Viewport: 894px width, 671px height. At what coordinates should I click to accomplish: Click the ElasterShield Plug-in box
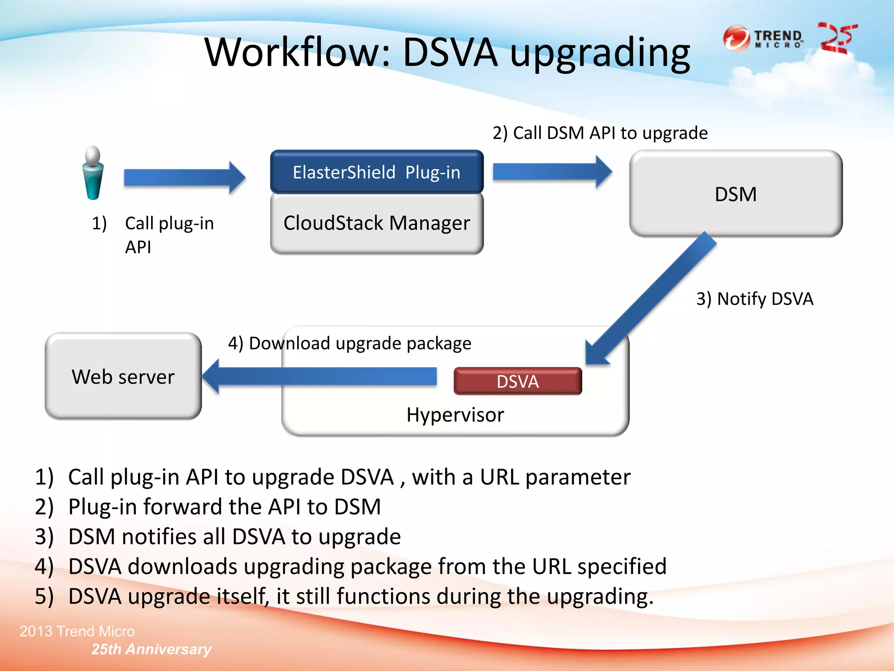click(376, 172)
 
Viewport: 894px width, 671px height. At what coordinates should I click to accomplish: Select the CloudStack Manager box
click(376, 223)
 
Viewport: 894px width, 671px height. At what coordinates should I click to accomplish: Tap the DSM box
click(736, 194)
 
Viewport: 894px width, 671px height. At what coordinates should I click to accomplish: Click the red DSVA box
click(518, 381)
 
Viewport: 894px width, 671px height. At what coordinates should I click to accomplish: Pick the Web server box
click(123, 377)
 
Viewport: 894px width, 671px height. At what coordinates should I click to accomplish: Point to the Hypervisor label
click(455, 415)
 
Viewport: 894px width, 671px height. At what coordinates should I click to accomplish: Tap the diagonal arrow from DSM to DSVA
click(650, 299)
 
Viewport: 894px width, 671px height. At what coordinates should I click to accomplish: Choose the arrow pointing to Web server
click(319, 376)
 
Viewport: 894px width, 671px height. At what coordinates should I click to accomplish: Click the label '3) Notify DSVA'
click(755, 299)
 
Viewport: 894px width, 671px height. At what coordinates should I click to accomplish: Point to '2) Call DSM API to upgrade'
click(600, 133)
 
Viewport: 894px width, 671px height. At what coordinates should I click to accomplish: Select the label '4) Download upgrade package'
click(350, 343)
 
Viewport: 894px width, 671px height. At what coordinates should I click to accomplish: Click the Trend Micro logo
click(763, 38)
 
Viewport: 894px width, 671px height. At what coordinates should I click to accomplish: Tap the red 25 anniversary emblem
click(837, 38)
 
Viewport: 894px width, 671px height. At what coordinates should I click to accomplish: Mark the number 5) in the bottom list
click(44, 596)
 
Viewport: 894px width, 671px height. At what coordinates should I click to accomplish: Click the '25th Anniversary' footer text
click(151, 649)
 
